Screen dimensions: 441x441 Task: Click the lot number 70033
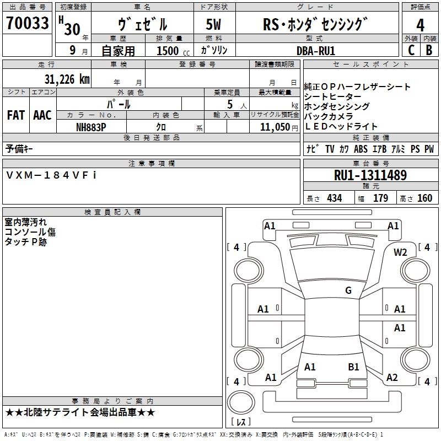pos(27,24)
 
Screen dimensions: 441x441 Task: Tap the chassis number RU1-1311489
pos(370,175)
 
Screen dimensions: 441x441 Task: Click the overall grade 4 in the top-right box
pos(421,25)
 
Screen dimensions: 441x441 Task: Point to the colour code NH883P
pos(91,126)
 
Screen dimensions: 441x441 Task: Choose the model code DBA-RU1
pos(316,50)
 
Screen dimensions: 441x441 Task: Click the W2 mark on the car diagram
pos(400,252)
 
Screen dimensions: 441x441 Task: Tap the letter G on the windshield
pos(348,291)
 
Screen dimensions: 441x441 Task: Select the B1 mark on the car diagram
pos(353,367)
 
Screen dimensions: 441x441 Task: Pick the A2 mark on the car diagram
pos(392,378)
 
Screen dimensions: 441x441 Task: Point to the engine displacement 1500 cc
pos(172,51)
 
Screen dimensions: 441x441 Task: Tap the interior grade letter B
pos(428,50)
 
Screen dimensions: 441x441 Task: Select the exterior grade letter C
pos(411,50)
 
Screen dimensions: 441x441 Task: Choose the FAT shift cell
pos(15,115)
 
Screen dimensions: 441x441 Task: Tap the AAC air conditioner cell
pos(42,115)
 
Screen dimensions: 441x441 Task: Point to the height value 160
pos(424,198)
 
